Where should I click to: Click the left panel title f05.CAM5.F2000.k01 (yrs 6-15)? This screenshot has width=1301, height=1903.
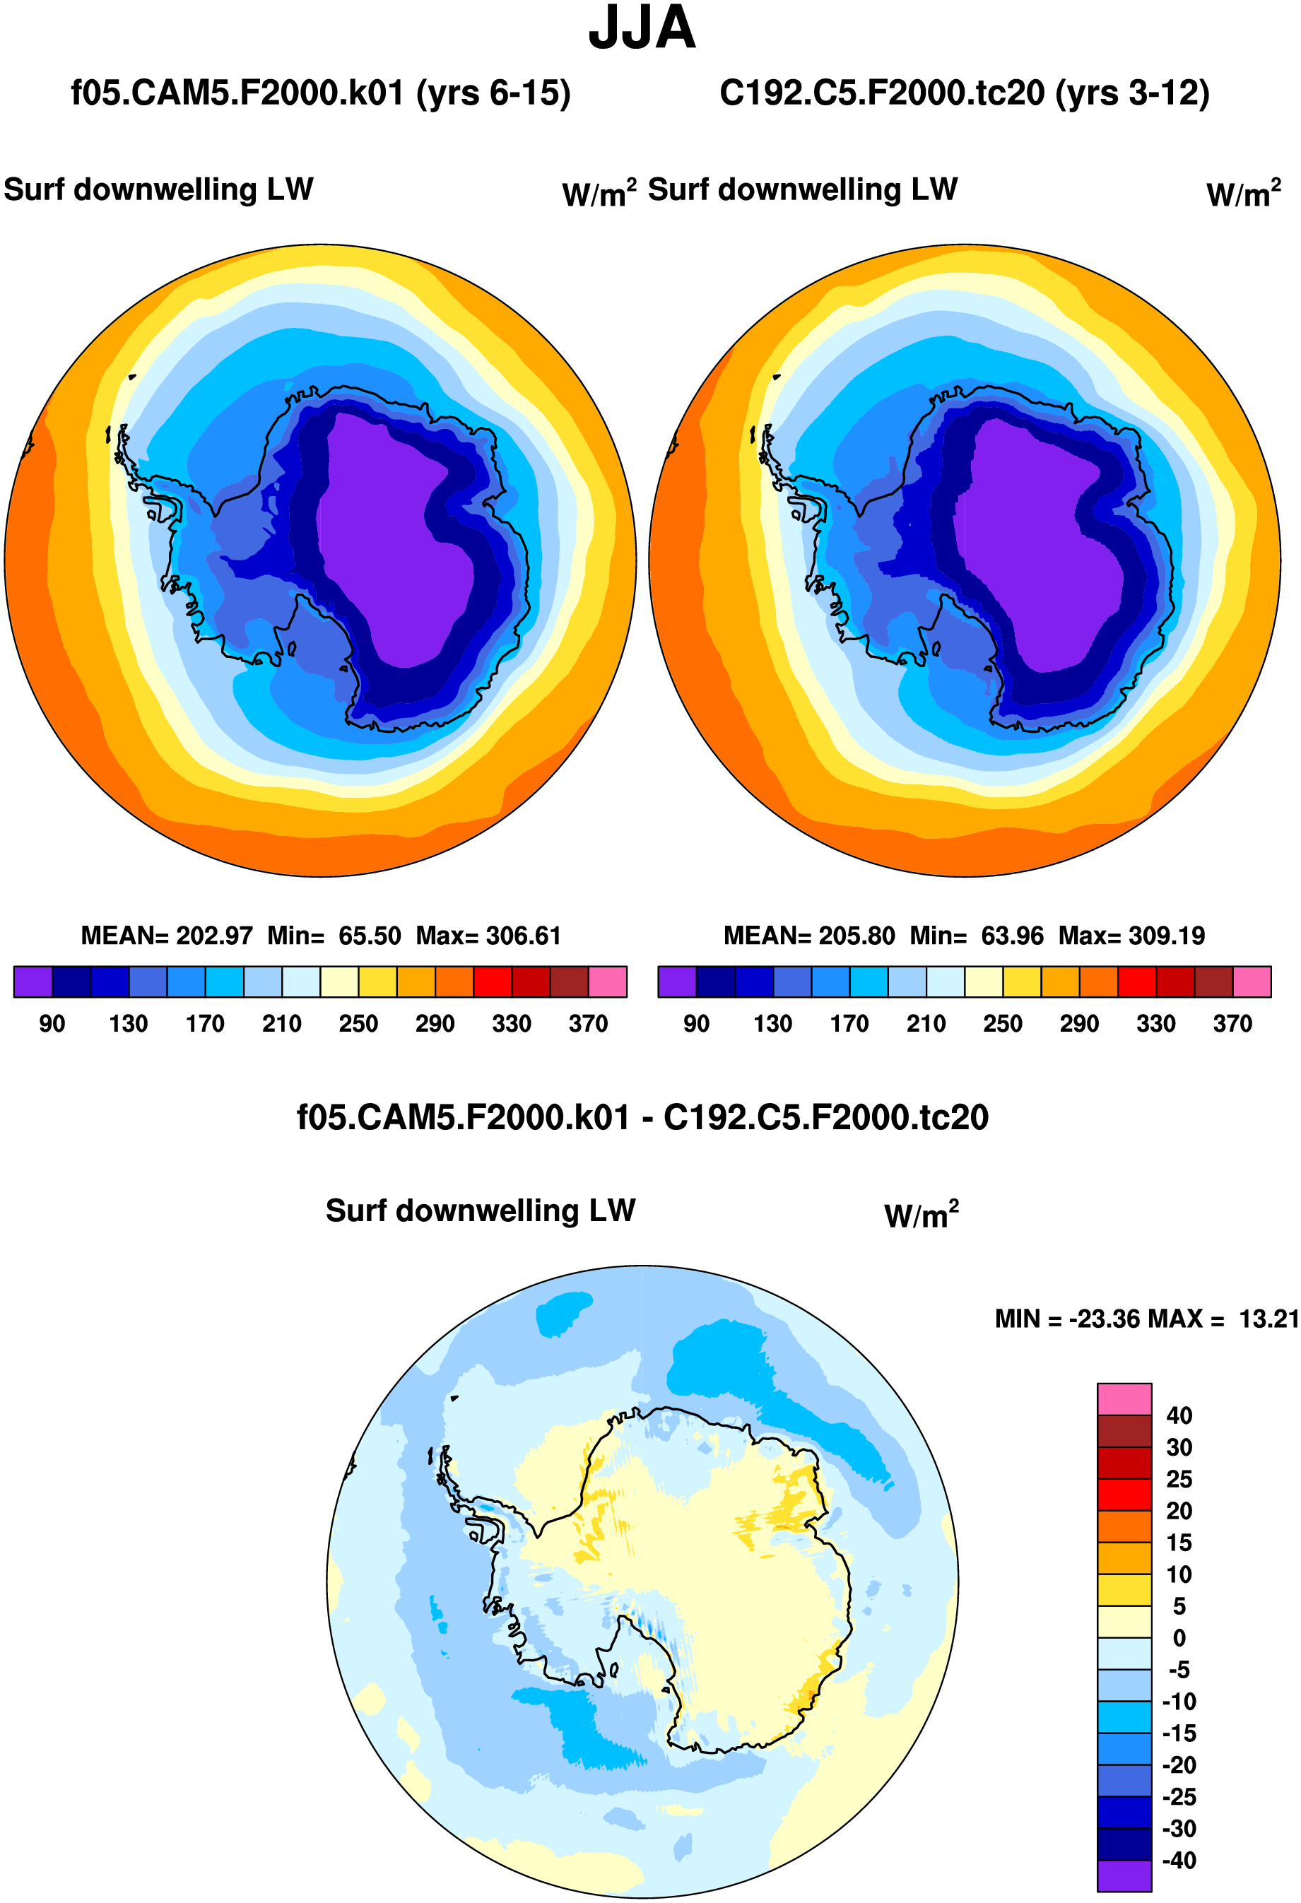coord(320,93)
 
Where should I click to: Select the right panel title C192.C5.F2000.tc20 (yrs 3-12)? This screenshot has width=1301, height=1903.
coord(964,93)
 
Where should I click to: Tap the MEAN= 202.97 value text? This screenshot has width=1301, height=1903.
coord(166,935)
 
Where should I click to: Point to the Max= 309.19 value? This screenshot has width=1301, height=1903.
coord(1131,935)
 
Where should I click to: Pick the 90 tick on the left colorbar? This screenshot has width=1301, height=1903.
coord(52,1023)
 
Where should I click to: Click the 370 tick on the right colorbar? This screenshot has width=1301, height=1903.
coord(1232,1023)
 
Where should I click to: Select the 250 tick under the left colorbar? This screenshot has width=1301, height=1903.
coord(358,1023)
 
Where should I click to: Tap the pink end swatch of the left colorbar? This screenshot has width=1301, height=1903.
coord(608,981)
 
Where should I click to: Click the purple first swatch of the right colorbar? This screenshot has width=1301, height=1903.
coord(676,981)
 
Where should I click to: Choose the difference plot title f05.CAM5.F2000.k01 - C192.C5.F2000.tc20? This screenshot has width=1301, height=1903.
coord(642,1118)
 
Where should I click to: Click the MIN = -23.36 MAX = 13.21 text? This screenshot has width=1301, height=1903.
coord(1146,1319)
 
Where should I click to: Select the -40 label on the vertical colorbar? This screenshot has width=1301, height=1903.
coord(1178,1861)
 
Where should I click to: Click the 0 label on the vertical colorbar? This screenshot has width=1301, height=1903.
coord(1178,1638)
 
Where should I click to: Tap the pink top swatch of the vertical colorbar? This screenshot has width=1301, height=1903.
coord(1124,1398)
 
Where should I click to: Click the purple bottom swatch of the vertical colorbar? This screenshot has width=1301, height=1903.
coord(1124,1876)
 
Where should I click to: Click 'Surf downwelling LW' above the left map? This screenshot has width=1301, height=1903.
coord(158,190)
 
